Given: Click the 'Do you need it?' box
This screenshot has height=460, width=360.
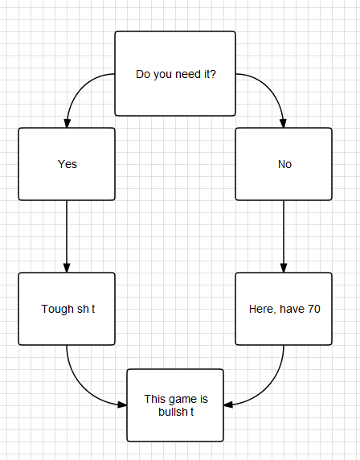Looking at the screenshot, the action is tap(175, 74).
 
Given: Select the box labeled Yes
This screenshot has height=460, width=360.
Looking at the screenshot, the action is tap(67, 164).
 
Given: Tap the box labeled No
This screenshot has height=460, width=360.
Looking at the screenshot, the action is tap(284, 164).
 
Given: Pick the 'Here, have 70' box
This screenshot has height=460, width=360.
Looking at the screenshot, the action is tap(284, 309).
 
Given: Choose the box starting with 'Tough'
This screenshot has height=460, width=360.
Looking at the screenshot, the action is tap(67, 309).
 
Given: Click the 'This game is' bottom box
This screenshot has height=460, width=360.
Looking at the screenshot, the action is tap(175, 405).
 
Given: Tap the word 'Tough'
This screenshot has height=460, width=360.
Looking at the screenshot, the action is tap(58, 310).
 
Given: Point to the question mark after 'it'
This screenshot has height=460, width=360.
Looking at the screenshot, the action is tap(213, 74).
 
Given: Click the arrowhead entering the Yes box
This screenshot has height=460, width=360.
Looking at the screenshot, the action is tap(67, 124).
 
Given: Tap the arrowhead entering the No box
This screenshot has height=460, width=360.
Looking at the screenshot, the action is tap(283, 124).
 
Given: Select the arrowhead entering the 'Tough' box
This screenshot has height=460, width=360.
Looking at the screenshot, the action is tap(67, 268).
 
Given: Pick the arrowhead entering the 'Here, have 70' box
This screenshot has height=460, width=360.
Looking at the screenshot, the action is tap(284, 268).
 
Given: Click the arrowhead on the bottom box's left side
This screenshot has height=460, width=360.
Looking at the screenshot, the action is tap(122, 405).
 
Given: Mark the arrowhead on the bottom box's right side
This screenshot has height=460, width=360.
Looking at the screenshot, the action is tap(228, 405).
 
